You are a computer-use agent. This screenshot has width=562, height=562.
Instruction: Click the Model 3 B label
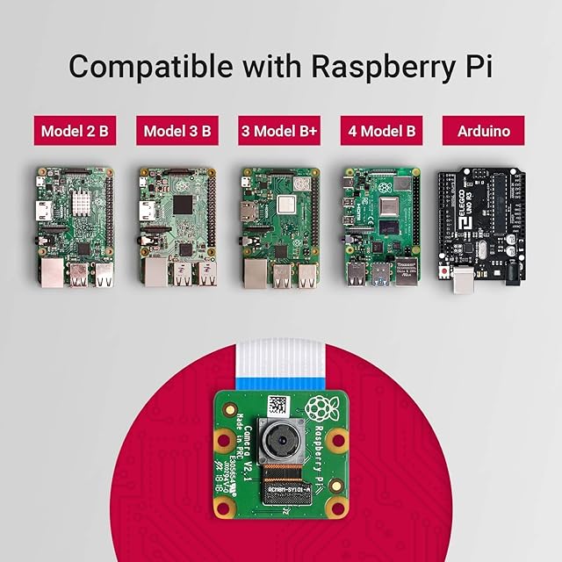[177, 132]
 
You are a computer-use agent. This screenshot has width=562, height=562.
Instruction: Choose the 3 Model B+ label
[278, 132]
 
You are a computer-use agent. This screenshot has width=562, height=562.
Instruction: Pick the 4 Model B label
[380, 132]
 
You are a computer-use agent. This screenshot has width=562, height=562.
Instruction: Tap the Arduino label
[483, 132]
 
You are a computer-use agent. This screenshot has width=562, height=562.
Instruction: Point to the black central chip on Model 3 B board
[183, 204]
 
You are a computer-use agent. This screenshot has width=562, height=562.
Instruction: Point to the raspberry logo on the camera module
[321, 408]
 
